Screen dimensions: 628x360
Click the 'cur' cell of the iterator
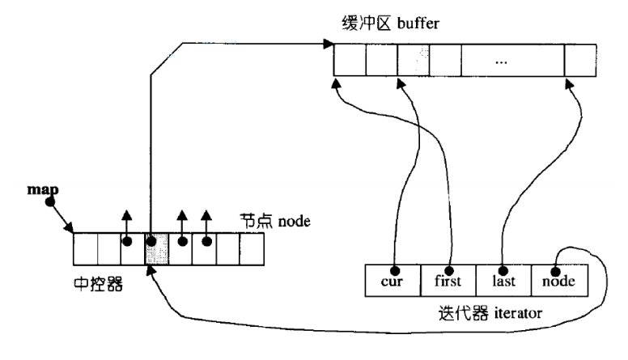[x=392, y=280]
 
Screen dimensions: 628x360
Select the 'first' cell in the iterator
[x=448, y=280]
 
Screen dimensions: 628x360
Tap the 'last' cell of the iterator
[x=503, y=280]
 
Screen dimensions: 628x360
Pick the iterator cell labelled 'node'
[x=559, y=280]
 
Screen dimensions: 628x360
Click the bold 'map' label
[x=43, y=190]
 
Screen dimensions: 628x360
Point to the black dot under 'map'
[x=49, y=202]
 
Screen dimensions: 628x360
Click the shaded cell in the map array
[x=157, y=249]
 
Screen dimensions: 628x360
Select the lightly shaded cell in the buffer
[x=414, y=60]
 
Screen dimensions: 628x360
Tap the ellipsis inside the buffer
[x=501, y=62]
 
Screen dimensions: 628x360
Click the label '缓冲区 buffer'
[x=391, y=23]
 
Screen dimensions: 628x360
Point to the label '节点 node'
[x=275, y=221]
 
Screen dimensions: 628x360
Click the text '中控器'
[x=98, y=284]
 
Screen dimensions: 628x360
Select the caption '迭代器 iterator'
[x=490, y=313]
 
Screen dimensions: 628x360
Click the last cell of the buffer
[x=580, y=60]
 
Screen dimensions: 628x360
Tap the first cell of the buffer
[x=350, y=60]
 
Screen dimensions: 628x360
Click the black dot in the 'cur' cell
[x=395, y=271]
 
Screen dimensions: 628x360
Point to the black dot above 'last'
[x=503, y=271]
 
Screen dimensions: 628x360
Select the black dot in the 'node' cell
[x=554, y=271]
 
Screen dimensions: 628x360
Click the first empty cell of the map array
[x=85, y=249]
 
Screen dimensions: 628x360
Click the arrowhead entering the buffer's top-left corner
[x=329, y=43]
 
